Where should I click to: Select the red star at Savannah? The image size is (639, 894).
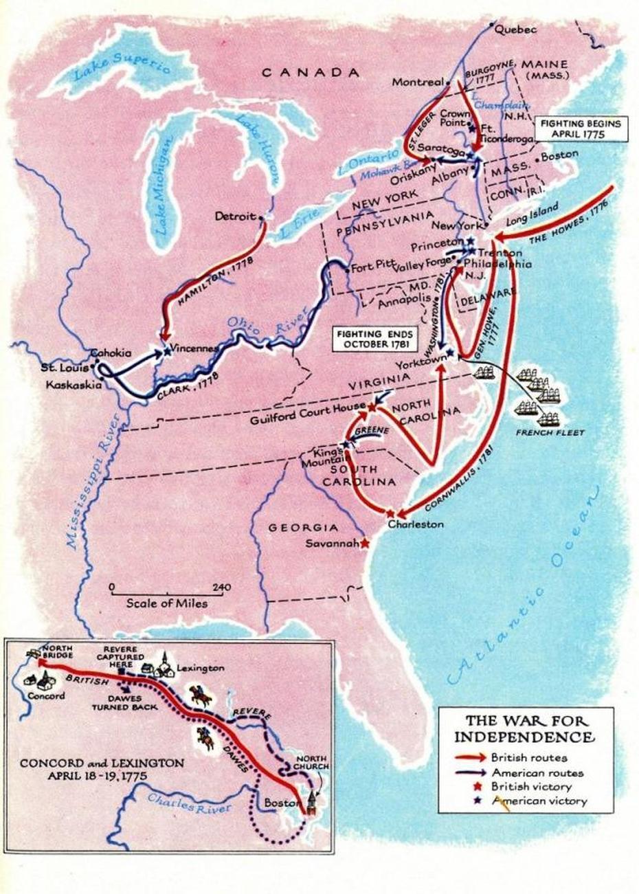(364, 543)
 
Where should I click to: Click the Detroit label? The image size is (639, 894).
(235, 216)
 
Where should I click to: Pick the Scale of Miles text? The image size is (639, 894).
(166, 603)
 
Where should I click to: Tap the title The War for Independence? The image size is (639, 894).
(529, 729)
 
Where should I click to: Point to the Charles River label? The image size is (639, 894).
(189, 803)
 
